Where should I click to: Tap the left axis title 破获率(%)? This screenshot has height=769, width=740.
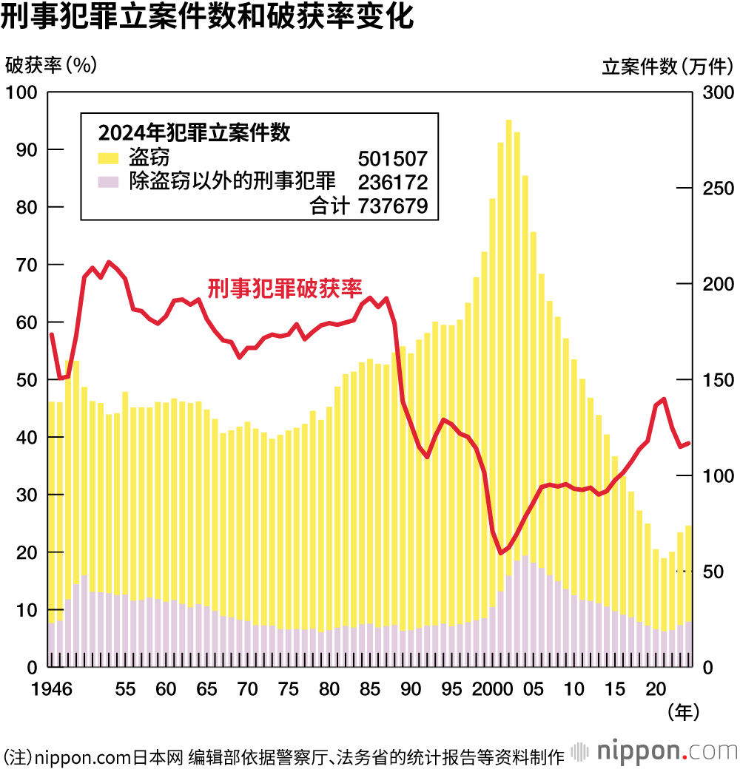51,66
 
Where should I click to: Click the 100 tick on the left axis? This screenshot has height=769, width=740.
22,92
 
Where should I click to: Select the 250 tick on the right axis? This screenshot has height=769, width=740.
716,188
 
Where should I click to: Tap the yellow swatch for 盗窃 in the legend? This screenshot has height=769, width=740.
108,157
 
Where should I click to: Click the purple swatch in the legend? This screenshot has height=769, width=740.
108,180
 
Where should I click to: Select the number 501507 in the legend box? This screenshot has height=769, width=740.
392,158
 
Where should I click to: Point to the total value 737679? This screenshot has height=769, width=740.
392,206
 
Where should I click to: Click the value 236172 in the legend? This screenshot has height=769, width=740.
392,182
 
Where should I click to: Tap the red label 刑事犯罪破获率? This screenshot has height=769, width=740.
284,288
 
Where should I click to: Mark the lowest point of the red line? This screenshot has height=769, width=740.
501,552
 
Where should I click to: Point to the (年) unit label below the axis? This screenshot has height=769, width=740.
682,712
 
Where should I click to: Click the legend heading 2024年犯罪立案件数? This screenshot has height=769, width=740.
194,133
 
